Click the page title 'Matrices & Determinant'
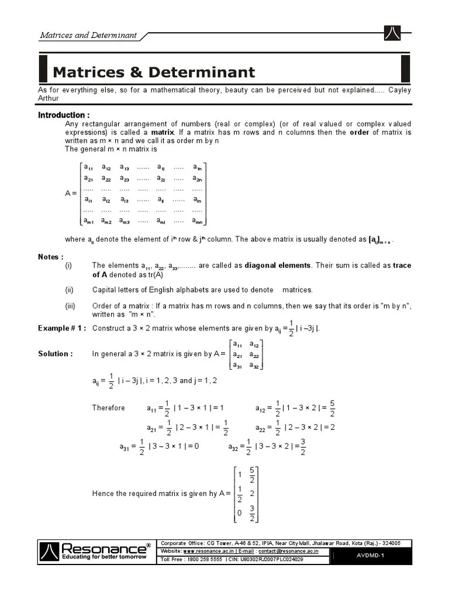click(x=154, y=72)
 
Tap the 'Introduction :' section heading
click(x=64, y=115)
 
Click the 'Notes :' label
click(x=51, y=257)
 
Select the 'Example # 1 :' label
click(x=62, y=328)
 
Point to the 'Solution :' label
click(x=56, y=354)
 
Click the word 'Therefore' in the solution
click(x=109, y=408)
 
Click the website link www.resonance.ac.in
click(x=209, y=551)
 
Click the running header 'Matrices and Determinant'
click(x=88, y=35)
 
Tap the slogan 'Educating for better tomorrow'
click(x=96, y=557)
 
